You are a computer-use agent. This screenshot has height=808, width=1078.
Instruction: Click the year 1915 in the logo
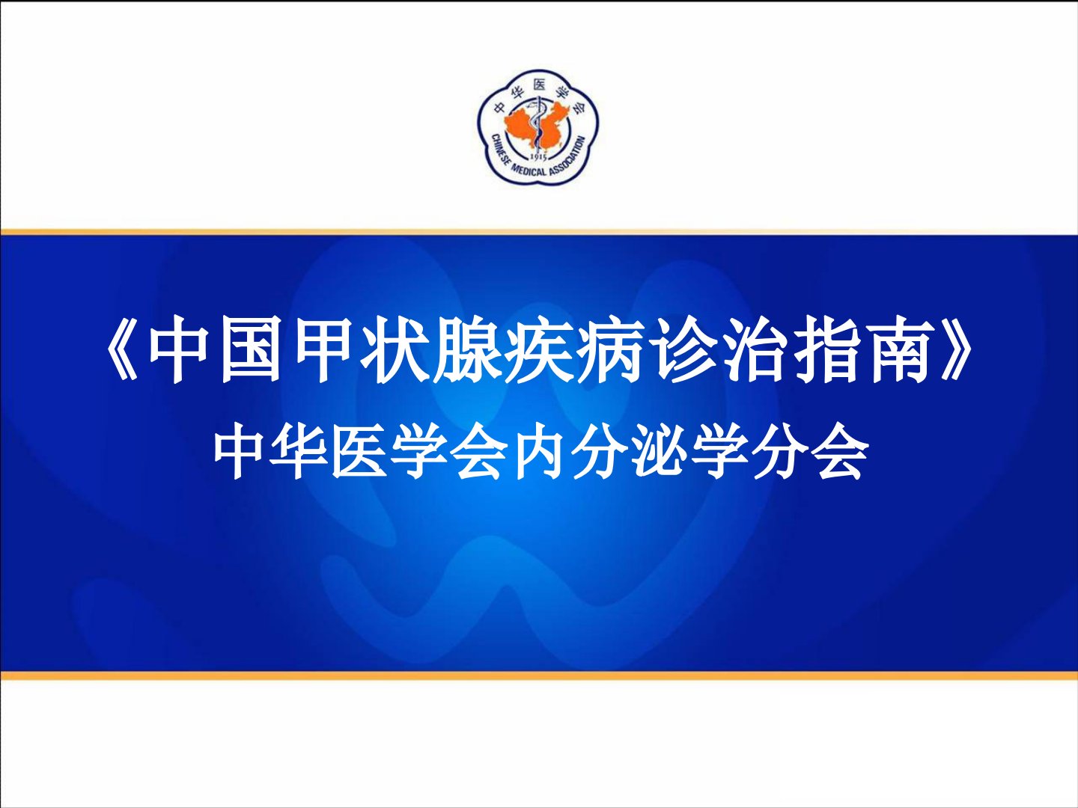click(539, 158)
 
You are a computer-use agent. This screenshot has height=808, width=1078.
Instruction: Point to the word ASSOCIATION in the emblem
click(570, 156)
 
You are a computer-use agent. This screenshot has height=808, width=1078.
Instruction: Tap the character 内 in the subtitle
click(536, 456)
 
